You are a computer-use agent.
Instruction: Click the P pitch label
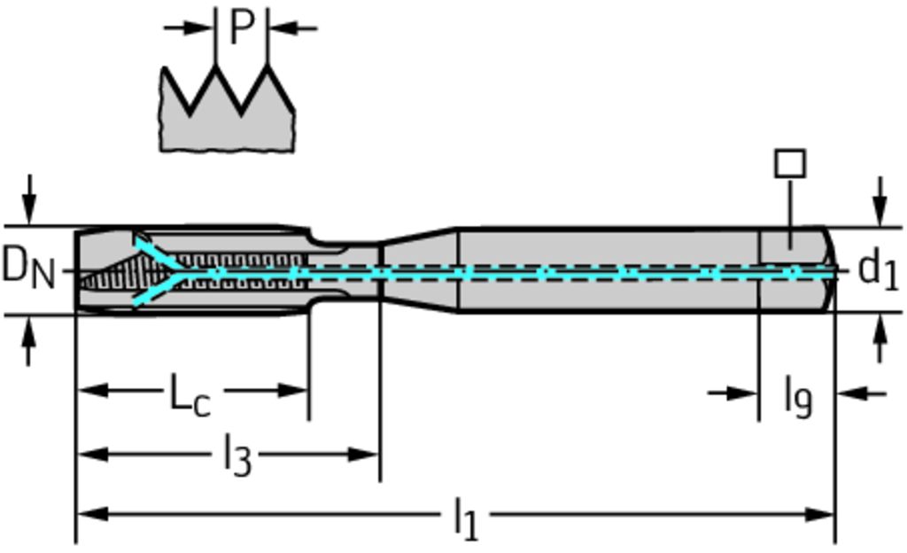[x=241, y=27]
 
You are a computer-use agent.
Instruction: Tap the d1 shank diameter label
[x=879, y=269]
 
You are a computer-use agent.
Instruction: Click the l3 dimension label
[x=236, y=456]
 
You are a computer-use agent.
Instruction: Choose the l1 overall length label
[x=465, y=518]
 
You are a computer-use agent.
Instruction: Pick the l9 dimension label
[x=797, y=396]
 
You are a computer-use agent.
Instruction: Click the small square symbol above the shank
[x=789, y=163]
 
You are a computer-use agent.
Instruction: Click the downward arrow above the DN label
[x=29, y=199]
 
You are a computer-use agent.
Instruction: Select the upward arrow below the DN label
[x=29, y=341]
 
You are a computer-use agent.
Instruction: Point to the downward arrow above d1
[x=880, y=201]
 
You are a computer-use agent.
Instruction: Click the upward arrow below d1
[x=880, y=339]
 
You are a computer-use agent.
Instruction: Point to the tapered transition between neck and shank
[x=418, y=270]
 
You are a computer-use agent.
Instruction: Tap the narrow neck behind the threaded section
[x=345, y=270]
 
